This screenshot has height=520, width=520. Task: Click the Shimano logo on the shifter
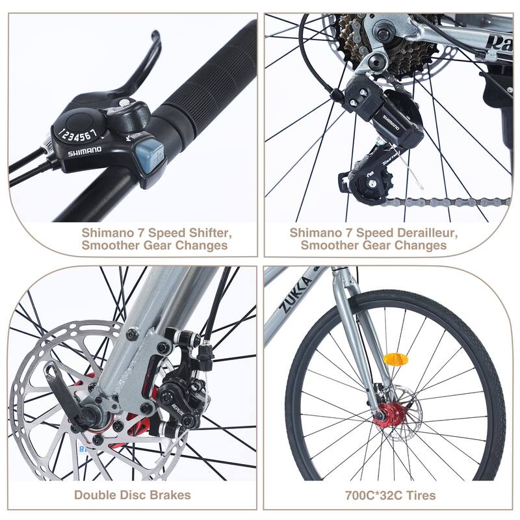pos(84,150)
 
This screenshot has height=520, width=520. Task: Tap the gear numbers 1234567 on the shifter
pos(79,135)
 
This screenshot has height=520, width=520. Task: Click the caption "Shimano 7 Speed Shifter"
pos(157,232)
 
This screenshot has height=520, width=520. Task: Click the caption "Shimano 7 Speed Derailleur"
pos(374,232)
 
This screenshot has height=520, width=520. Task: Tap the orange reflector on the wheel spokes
pos(395,359)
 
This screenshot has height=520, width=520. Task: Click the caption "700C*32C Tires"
pos(390,495)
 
